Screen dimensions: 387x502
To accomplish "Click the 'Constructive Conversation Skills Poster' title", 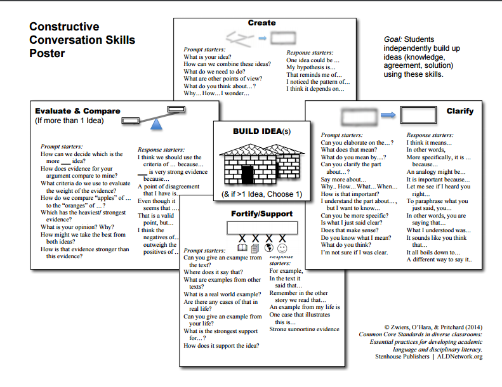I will pos(82,40).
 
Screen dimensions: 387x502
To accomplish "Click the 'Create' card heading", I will pos(261,23).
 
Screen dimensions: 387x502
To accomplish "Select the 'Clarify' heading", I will pos(459,111).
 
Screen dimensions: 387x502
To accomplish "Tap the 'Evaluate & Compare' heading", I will pos(77,111).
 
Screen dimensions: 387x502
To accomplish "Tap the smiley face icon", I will pos(282,247).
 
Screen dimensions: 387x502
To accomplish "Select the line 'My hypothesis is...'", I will pos(310,67).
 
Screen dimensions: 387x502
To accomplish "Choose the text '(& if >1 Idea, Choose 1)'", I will pos(261,193).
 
